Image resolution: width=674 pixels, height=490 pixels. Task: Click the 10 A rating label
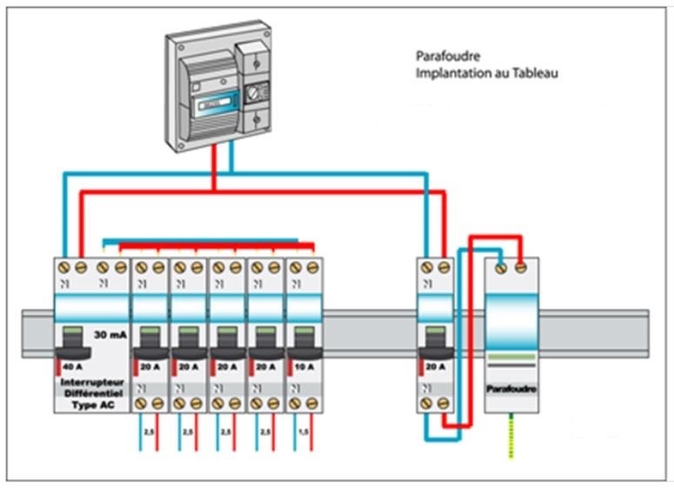(303, 366)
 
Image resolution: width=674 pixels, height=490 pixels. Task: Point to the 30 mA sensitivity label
(110, 334)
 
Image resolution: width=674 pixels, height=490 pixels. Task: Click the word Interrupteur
(91, 382)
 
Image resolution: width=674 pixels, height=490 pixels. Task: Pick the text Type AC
(91, 405)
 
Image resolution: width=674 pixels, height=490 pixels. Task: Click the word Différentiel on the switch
(91, 393)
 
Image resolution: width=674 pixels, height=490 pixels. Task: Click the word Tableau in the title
(535, 74)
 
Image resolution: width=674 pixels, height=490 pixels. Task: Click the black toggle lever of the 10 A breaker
(304, 345)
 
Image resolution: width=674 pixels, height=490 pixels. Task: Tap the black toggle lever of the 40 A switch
(72, 345)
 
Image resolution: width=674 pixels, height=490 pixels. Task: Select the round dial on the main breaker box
(255, 91)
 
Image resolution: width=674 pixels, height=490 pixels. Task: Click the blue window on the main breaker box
(216, 103)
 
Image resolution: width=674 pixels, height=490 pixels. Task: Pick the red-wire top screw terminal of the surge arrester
(521, 268)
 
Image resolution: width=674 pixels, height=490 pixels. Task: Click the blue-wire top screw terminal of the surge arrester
(502, 268)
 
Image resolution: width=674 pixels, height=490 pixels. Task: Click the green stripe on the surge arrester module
(511, 356)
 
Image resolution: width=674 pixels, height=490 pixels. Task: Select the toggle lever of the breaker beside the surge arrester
(434, 345)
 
